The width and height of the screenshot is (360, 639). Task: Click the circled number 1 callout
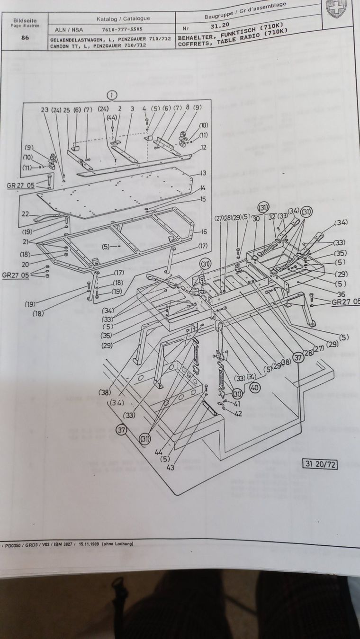coord(112,95)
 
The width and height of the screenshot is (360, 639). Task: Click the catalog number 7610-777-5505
coord(122,29)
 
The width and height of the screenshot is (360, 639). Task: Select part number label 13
coord(203,173)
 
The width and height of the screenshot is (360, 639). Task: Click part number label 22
coord(25,213)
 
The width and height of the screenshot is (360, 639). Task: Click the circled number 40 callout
coord(255,387)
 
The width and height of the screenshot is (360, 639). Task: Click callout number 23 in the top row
coord(45,109)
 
